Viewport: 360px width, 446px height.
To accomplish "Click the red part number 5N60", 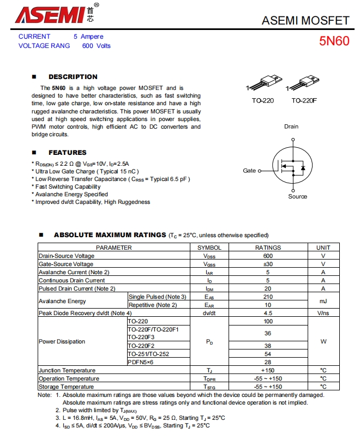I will click(x=334, y=41).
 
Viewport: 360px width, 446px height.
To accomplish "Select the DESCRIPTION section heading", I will click(x=73, y=77).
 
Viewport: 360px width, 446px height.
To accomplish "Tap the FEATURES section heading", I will click(x=67, y=153).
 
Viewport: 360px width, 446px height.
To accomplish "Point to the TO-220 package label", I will click(x=262, y=101).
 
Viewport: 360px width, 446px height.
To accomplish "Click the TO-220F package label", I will click(x=304, y=101).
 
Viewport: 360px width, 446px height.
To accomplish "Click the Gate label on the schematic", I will click(x=249, y=171).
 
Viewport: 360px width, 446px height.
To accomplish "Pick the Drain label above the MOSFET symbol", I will click(x=291, y=126).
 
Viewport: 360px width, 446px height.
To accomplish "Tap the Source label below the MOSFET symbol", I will click(x=297, y=196).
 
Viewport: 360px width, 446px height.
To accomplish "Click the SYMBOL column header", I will click(x=209, y=248).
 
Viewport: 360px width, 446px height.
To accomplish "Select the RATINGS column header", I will click(x=268, y=248).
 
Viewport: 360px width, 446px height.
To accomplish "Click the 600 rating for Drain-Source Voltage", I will click(x=268, y=256).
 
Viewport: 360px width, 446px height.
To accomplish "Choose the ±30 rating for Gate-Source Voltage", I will click(x=268, y=264).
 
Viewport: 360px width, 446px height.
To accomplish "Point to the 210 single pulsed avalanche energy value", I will click(x=268, y=297).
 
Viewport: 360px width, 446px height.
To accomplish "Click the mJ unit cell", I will click(x=323, y=300).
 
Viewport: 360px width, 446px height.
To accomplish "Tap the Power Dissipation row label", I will click(x=62, y=342).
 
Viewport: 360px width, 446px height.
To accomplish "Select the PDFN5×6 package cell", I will click(x=141, y=362).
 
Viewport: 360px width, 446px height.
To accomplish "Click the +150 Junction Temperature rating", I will click(x=268, y=371).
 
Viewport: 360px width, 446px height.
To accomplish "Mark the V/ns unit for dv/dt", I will click(x=323, y=314).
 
